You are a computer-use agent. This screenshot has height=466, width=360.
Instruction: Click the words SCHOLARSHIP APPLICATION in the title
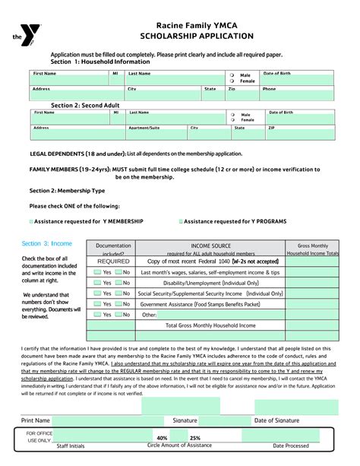(201, 36)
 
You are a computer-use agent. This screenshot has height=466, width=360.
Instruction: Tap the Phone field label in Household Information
(269, 89)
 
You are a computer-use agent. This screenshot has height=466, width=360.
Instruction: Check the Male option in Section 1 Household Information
(232, 76)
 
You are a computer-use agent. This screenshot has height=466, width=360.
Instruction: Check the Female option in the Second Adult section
(232, 120)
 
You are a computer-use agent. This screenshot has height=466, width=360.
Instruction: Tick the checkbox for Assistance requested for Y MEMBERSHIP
(31, 220)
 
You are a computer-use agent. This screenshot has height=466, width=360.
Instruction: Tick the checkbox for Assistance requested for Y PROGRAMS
(180, 220)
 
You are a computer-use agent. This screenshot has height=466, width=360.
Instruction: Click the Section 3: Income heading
(47, 243)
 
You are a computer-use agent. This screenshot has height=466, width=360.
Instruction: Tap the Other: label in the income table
(150, 314)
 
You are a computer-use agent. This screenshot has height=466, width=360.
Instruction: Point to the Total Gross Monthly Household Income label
(210, 325)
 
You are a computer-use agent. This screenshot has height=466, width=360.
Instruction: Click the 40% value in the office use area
(162, 438)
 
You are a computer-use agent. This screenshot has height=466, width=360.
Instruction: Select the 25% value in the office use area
(195, 438)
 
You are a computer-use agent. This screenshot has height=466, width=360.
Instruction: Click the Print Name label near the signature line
(36, 420)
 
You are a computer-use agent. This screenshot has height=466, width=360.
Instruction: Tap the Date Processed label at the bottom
(291, 445)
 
